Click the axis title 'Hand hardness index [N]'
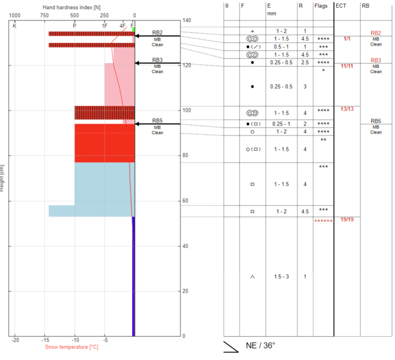pyautogui.click(x=72, y=6)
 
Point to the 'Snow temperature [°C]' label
pyautogui.click(x=71, y=347)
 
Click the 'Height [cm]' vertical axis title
pyautogui.click(x=3, y=176)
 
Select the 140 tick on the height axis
pyautogui.click(x=187, y=21)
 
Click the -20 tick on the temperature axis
pyautogui.click(x=15, y=341)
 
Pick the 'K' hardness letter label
pyautogui.click(x=15, y=25)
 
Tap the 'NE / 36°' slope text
pyautogui.click(x=260, y=345)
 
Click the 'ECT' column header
pyautogui.click(x=341, y=5)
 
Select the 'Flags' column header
pyautogui.click(x=323, y=5)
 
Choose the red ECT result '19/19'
pyautogui.click(x=347, y=219)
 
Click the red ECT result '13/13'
pyautogui.click(x=347, y=109)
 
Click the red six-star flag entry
pyautogui.click(x=323, y=221)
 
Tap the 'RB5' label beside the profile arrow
pyautogui.click(x=158, y=121)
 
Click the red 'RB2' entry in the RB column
pyautogui.click(x=376, y=33)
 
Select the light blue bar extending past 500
pyautogui.click(x=62, y=211)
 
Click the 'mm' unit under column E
pyautogui.click(x=271, y=12)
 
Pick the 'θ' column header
pyautogui.click(x=226, y=5)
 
